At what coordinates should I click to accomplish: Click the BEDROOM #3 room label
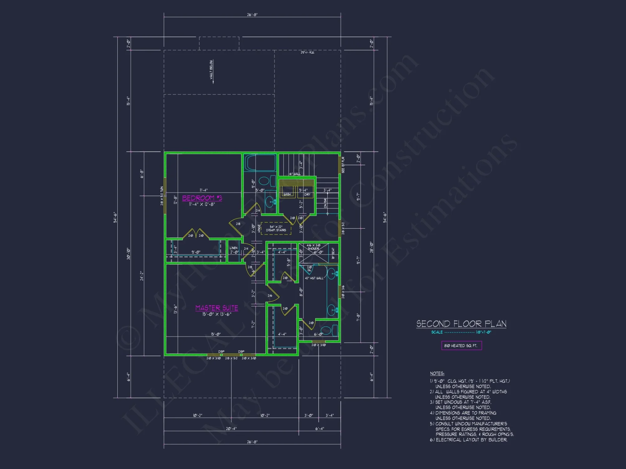202,198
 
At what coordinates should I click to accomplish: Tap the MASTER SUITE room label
217,308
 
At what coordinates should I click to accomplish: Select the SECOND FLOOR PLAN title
461,324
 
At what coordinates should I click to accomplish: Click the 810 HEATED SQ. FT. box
461,345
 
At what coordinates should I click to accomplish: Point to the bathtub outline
260,163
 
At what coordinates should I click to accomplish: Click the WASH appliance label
287,194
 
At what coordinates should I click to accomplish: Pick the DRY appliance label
307,194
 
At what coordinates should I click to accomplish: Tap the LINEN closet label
233,248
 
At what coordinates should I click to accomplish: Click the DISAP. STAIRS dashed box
276,229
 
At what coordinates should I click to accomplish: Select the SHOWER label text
313,249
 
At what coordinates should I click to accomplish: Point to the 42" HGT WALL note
314,278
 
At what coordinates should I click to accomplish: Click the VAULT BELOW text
211,70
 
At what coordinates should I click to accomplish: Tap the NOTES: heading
437,373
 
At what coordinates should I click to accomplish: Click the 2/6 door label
270,295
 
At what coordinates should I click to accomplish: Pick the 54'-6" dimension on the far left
115,217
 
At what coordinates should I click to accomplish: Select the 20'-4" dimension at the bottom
231,428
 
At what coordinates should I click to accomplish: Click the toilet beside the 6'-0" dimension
326,330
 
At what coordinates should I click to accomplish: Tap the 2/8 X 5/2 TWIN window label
162,196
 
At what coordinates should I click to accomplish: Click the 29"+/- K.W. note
307,53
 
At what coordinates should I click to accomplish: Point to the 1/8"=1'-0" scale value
484,332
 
